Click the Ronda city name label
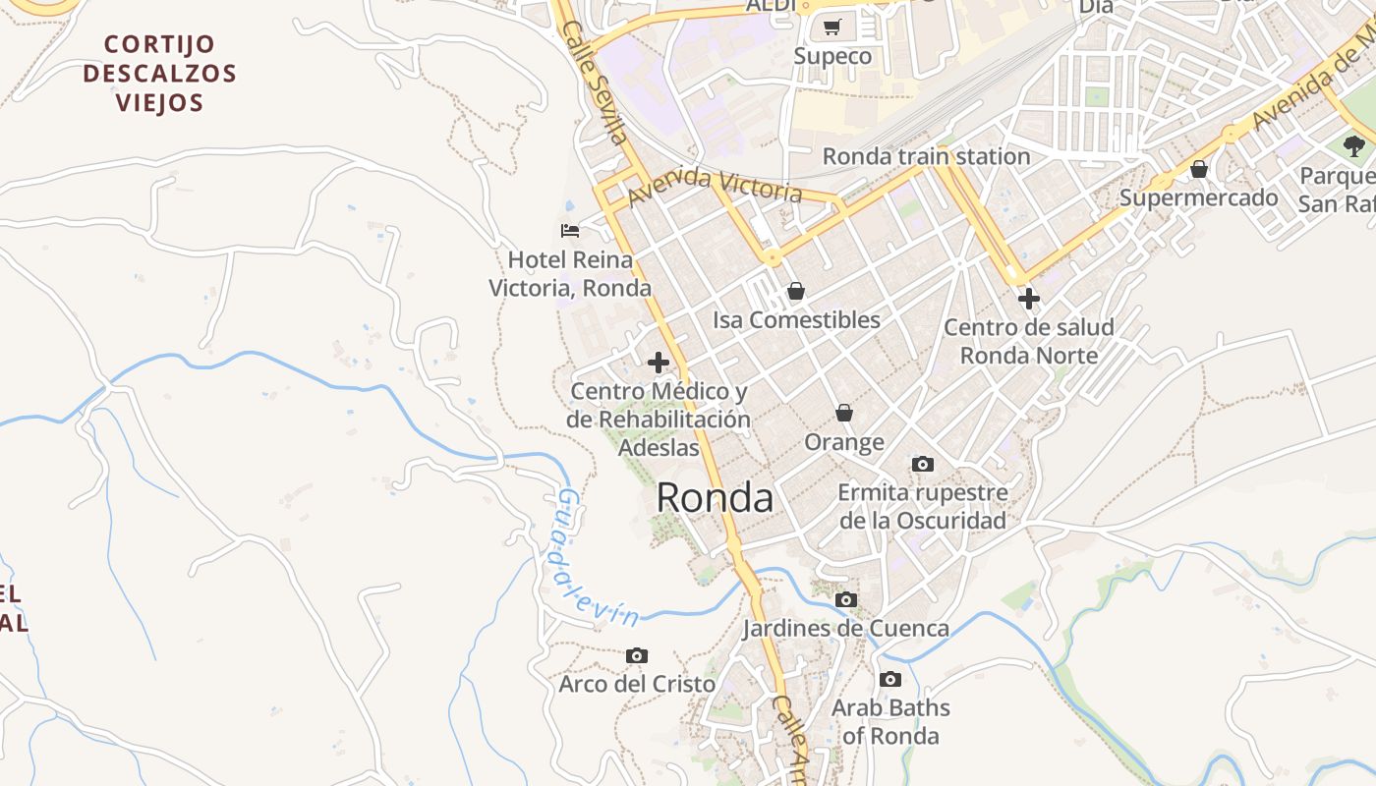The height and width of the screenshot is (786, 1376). click(715, 498)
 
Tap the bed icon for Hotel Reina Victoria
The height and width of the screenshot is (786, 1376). click(570, 231)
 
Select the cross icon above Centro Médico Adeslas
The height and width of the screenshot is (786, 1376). click(659, 363)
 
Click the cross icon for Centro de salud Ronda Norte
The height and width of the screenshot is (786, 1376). click(1028, 298)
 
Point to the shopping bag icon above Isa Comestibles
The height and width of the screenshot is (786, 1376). click(796, 291)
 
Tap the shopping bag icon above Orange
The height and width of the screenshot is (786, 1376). click(843, 413)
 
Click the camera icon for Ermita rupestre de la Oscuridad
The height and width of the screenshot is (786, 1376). click(922, 464)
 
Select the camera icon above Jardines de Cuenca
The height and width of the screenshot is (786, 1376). click(845, 599)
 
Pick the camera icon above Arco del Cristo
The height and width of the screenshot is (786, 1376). click(636, 655)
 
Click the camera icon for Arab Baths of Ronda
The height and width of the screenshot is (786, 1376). click(889, 679)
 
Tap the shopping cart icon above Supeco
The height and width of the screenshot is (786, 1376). click(832, 28)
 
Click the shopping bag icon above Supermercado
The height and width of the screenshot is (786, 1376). click(1198, 169)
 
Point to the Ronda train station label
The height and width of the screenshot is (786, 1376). click(926, 156)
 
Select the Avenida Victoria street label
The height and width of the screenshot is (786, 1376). click(715, 184)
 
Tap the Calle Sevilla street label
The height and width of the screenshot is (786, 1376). click(595, 84)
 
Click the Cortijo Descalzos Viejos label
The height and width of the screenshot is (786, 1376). click(159, 74)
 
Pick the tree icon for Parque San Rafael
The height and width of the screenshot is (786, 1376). click(1354, 147)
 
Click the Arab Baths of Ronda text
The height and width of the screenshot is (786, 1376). click(890, 721)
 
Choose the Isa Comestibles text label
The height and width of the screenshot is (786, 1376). click(796, 320)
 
